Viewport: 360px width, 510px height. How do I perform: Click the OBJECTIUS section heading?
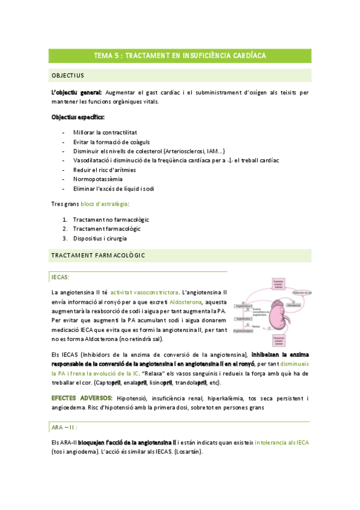click(68, 75)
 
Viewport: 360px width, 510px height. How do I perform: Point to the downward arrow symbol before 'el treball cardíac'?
click(231, 160)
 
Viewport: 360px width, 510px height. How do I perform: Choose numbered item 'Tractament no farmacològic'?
click(111, 220)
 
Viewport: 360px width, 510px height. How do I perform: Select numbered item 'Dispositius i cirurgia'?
click(100, 238)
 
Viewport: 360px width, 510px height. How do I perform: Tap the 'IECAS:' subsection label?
click(61, 277)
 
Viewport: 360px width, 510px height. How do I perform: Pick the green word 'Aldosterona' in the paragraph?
click(187, 302)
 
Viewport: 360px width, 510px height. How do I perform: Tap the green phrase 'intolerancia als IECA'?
click(281, 443)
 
